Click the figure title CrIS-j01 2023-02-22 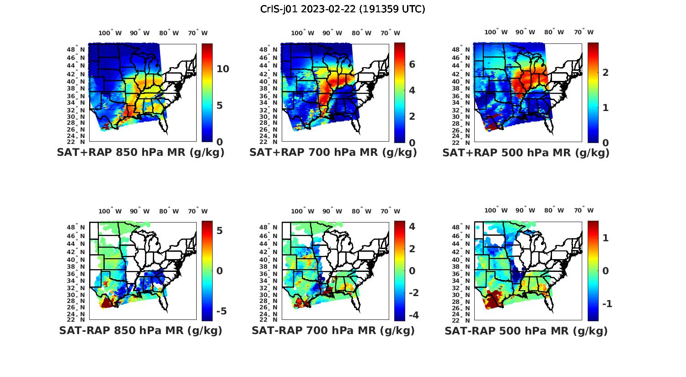343,9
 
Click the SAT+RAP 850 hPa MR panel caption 140,153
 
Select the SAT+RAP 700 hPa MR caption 333,153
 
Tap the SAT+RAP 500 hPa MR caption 526,153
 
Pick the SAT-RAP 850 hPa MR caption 140,330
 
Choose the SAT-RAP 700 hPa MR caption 333,330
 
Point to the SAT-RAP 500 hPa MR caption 526,330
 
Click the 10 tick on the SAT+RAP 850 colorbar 223,69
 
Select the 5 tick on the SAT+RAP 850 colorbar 220,106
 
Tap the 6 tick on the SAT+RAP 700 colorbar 412,64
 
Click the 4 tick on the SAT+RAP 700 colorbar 412,90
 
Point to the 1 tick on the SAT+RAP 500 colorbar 606,108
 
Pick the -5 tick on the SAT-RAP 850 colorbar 221,311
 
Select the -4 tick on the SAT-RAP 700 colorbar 413,315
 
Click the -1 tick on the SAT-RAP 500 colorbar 607,304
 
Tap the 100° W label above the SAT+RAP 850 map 110,33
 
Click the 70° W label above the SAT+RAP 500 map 584,32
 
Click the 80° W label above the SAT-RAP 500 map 554,210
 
